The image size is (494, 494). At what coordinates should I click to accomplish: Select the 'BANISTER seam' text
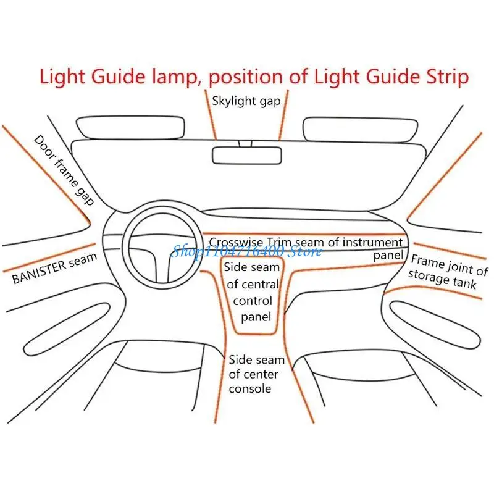pyautogui.click(x=54, y=269)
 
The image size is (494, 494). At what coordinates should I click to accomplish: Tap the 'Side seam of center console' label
pyautogui.click(x=256, y=374)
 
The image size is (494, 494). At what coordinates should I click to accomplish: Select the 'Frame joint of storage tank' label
pyautogui.click(x=448, y=272)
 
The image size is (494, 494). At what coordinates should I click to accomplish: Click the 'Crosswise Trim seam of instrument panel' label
pyautogui.click(x=306, y=243)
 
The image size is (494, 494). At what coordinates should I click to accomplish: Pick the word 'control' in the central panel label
pyautogui.click(x=253, y=301)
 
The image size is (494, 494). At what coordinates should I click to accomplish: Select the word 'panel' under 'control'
pyautogui.click(x=256, y=317)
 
